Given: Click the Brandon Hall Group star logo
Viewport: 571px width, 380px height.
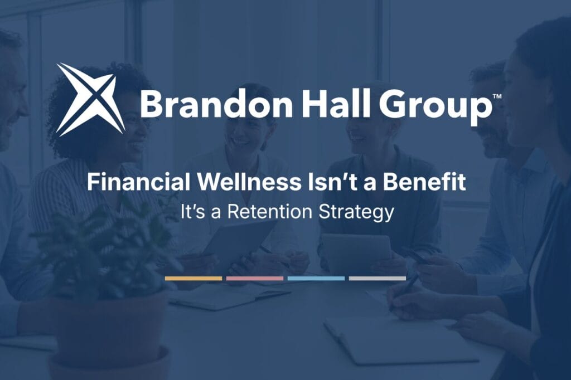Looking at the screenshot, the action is point(91,99).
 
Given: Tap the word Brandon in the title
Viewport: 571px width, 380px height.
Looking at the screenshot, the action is point(216,104).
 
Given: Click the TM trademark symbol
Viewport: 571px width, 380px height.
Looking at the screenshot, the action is point(497,96).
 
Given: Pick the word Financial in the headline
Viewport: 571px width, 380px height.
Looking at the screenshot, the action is point(139,182).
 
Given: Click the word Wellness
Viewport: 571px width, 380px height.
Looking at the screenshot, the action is point(249,182).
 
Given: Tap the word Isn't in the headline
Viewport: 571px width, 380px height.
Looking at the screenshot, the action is point(332,182).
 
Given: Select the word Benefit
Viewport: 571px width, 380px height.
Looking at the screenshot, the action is point(424,182).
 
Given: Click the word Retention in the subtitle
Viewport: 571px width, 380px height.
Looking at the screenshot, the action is point(270,212).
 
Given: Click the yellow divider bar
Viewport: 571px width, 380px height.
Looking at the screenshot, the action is point(193,279).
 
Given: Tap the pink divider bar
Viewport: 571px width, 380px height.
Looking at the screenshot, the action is point(254,279).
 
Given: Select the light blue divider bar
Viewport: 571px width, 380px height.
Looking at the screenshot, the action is point(316,279).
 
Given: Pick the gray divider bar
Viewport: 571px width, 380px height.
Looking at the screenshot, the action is point(378,279).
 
